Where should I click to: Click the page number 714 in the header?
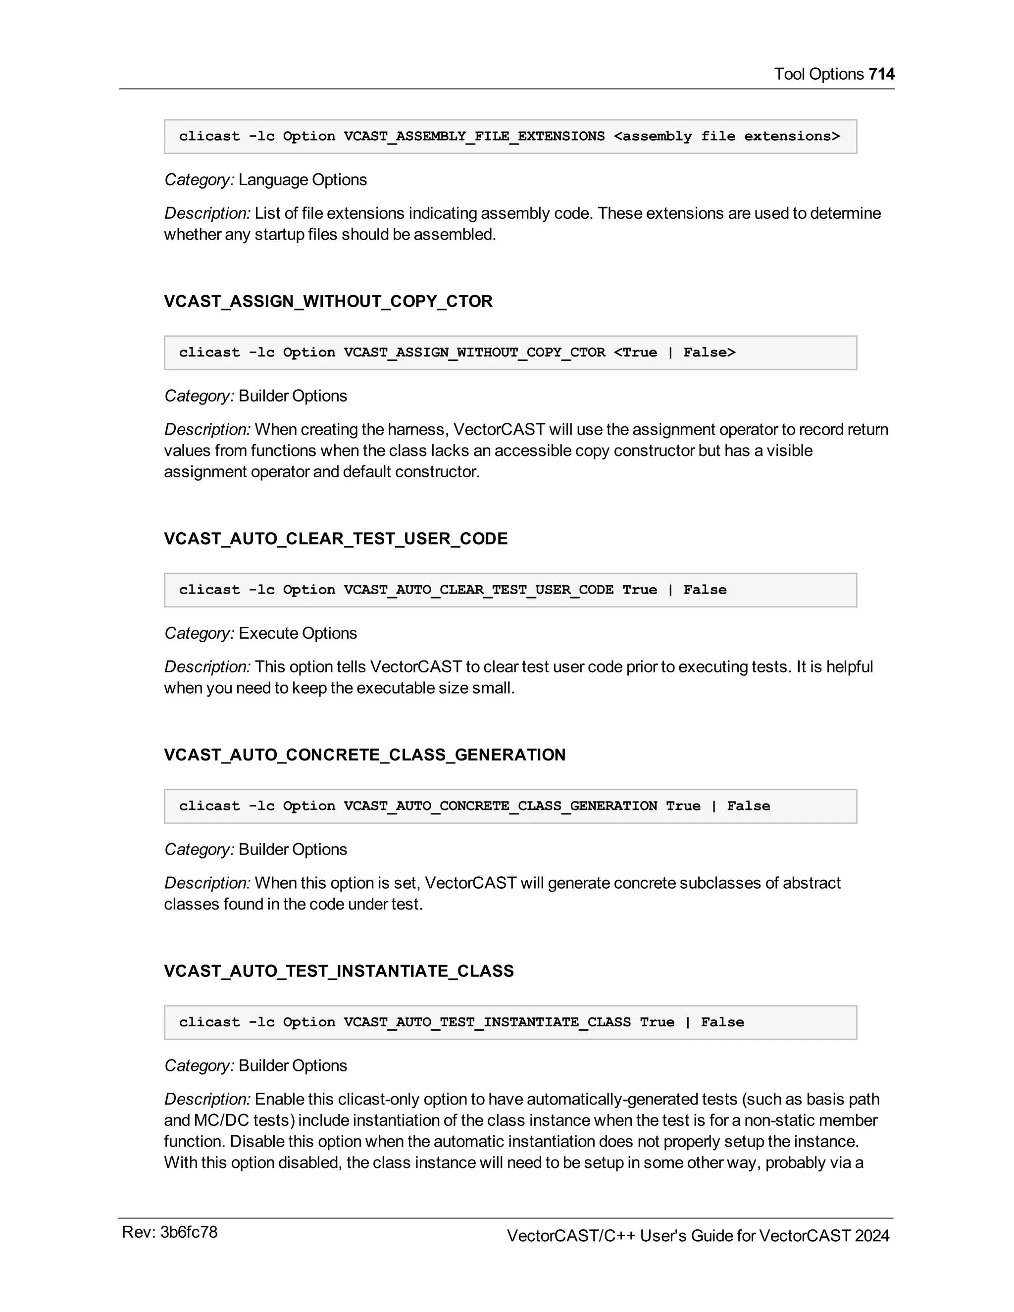[x=881, y=74]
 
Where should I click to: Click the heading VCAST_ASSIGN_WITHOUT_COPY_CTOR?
[x=328, y=301]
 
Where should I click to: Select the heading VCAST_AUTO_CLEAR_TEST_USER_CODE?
[x=336, y=538]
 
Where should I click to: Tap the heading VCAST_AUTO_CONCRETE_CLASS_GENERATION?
[x=364, y=755]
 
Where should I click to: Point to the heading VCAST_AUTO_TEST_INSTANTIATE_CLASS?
[x=339, y=971]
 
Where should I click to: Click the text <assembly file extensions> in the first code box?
[x=726, y=136]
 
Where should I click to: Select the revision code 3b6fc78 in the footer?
[x=189, y=1232]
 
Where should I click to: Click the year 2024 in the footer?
[x=871, y=1236]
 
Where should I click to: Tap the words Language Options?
[x=302, y=180]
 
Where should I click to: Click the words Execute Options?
[x=298, y=633]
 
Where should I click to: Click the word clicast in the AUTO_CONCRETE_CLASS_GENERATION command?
[x=209, y=806]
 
